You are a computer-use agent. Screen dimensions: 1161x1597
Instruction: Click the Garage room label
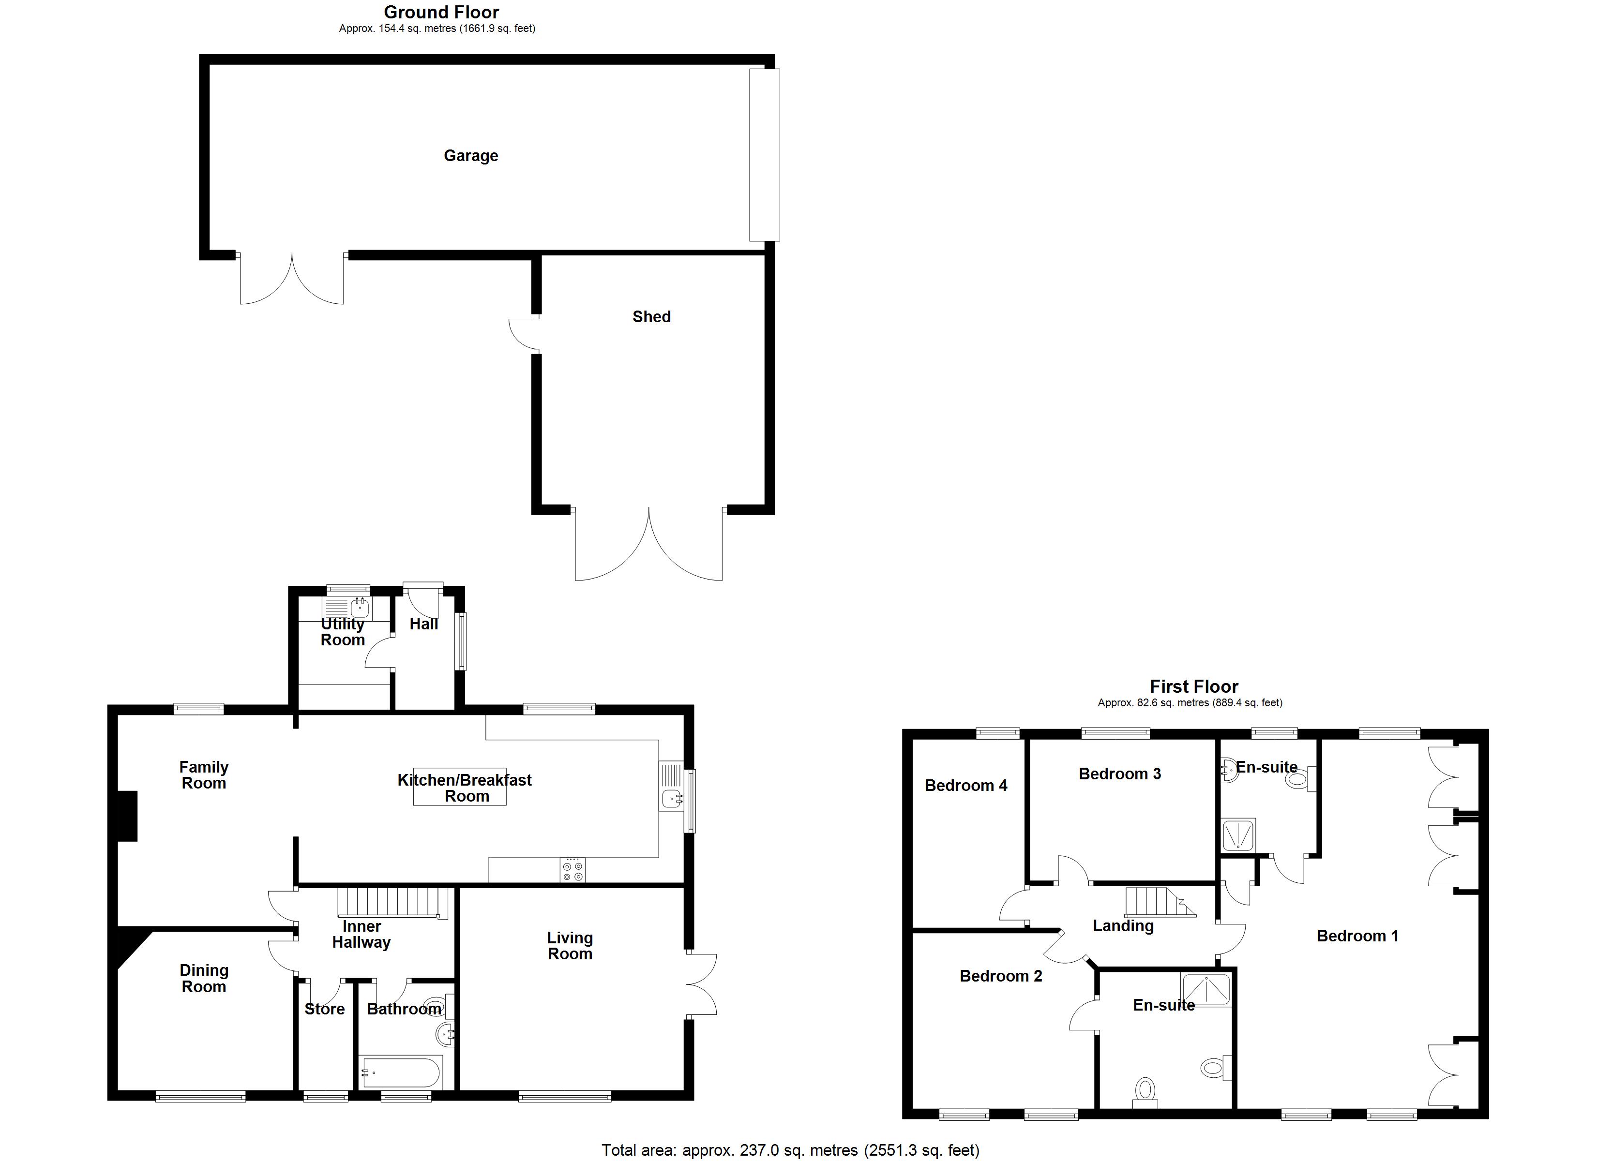[x=470, y=156]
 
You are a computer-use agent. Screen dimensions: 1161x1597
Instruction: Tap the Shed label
[x=651, y=317]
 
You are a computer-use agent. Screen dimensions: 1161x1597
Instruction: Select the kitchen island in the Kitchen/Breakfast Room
[x=459, y=787]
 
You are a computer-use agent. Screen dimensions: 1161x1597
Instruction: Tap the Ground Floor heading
[x=441, y=12]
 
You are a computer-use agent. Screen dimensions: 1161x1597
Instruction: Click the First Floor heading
[x=1193, y=686]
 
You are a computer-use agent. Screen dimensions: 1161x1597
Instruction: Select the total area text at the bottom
[x=790, y=1150]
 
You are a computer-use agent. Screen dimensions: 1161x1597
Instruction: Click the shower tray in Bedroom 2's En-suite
[x=1207, y=989]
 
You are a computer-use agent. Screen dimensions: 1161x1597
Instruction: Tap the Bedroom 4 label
[x=965, y=786]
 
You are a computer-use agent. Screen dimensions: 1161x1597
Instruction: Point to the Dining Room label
[x=204, y=978]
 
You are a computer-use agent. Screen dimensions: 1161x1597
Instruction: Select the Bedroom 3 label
[x=1119, y=774]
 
